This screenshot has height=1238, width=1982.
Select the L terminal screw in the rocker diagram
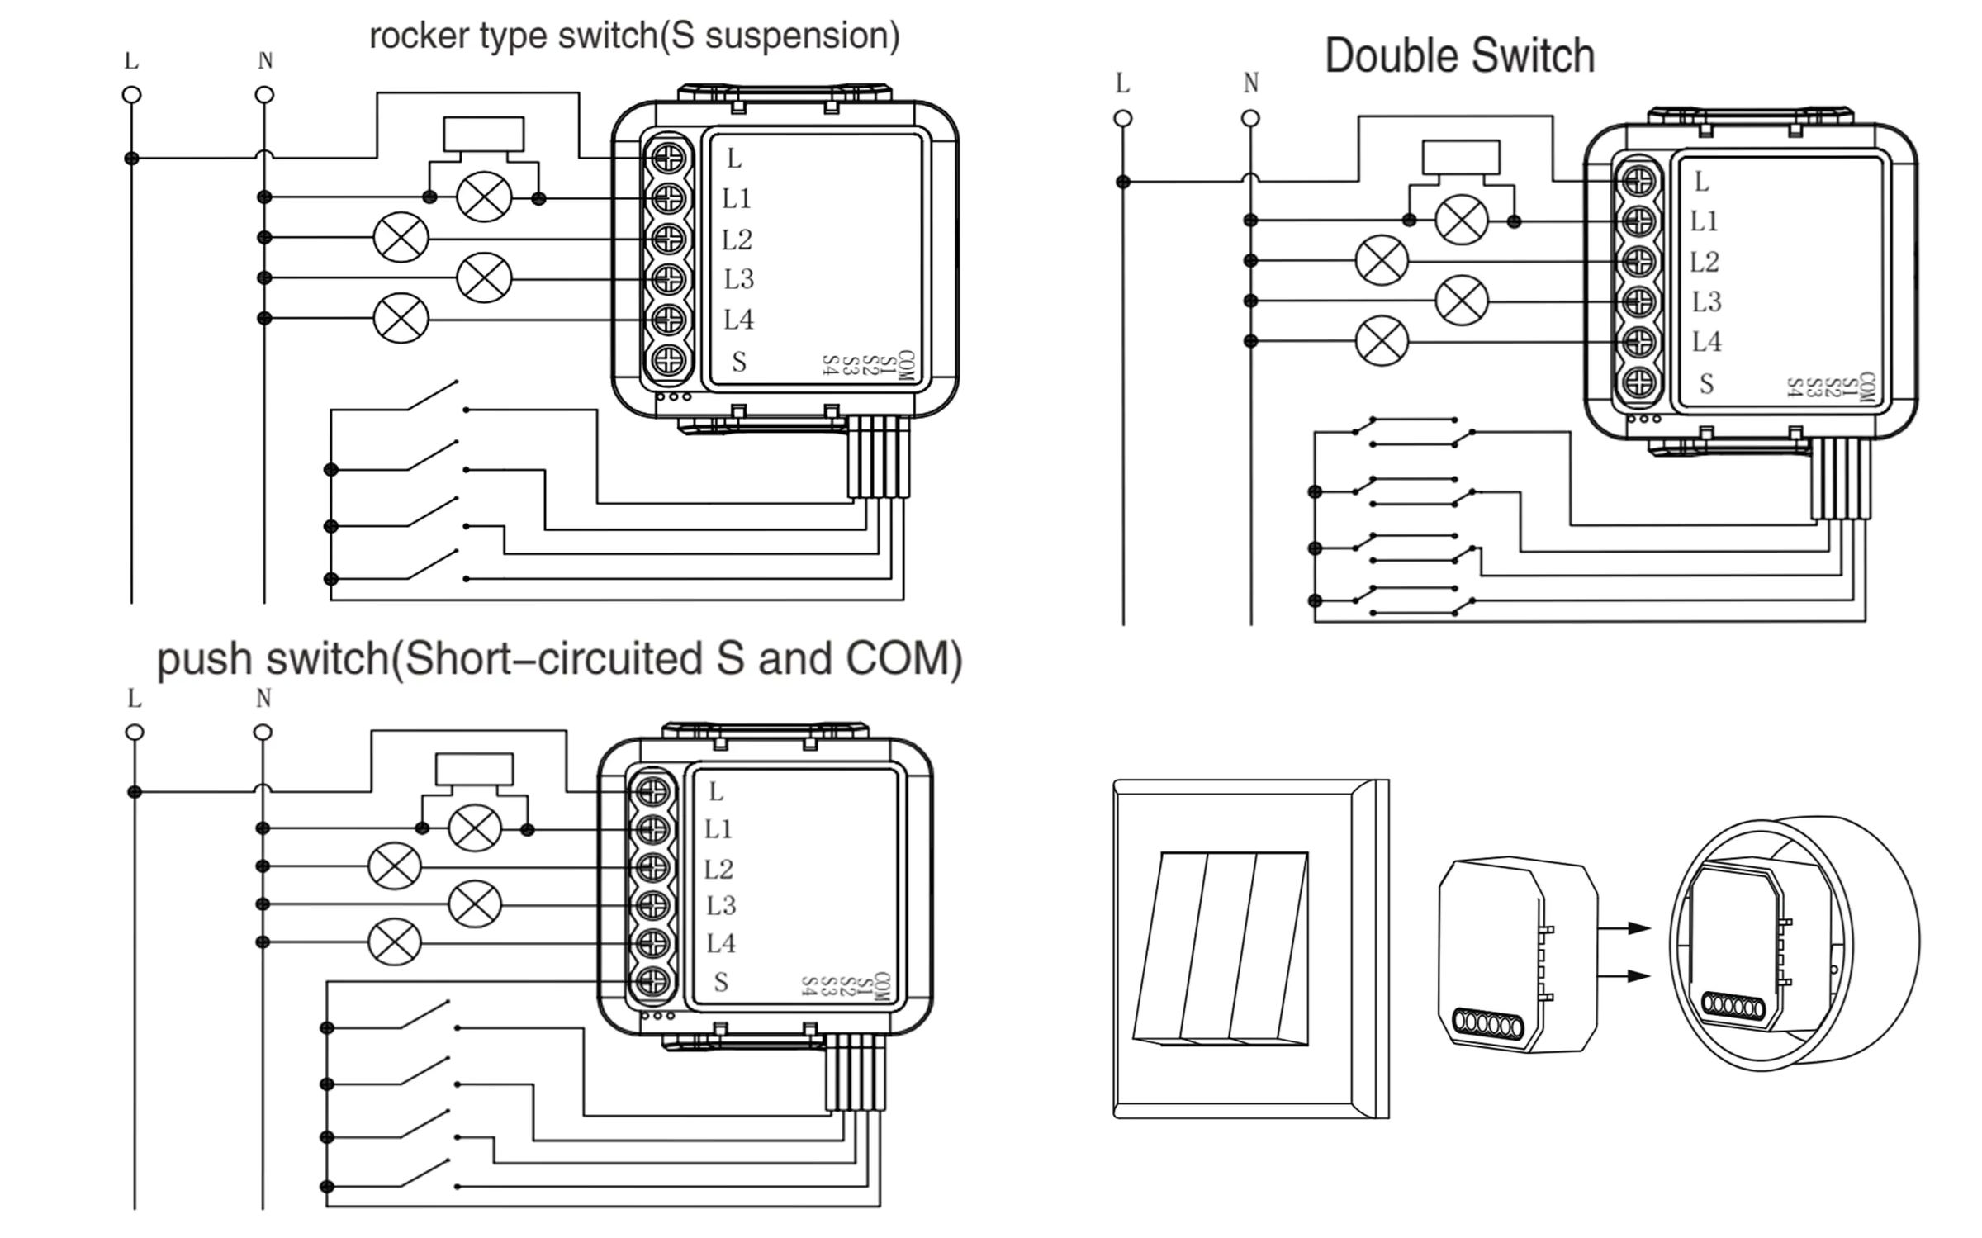click(668, 158)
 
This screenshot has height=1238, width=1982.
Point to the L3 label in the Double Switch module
click(1706, 301)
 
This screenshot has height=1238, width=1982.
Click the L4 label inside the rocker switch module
click(738, 319)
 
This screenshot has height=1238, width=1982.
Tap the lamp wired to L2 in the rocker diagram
click(401, 238)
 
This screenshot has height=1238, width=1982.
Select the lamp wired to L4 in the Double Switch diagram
click(1382, 340)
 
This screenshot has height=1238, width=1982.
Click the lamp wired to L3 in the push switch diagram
click(474, 904)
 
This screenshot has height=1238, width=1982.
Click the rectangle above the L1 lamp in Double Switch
click(1460, 157)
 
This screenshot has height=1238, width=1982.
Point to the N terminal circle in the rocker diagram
click(264, 95)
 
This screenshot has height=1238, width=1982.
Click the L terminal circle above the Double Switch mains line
click(1122, 118)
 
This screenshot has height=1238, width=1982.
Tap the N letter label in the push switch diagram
click(263, 699)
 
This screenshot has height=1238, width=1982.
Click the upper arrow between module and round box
click(1624, 928)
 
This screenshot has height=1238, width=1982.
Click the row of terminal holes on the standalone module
click(1486, 1023)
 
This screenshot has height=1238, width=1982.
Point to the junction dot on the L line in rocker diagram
click(131, 158)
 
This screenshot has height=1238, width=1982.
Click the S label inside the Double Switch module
click(1706, 383)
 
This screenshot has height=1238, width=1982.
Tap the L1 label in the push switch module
click(718, 828)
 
